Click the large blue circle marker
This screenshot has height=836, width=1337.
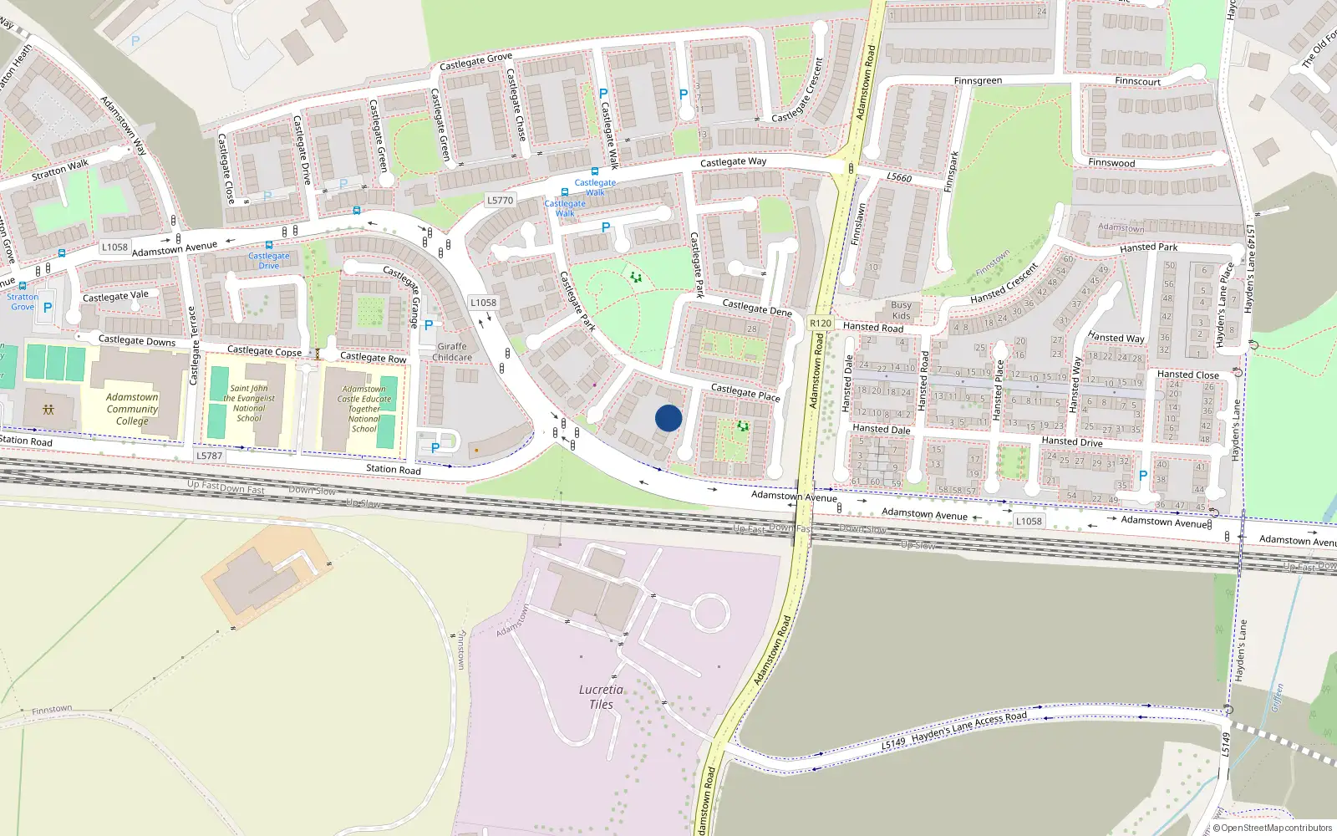[668, 418]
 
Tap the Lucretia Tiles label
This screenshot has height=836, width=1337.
[601, 696]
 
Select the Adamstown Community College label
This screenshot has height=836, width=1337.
[132, 409]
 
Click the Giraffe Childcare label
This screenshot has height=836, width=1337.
[452, 352]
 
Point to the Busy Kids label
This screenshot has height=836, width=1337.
[901, 310]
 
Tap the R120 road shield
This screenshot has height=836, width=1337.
[821, 324]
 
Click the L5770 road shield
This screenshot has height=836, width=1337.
[500, 201]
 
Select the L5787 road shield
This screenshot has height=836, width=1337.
[209, 456]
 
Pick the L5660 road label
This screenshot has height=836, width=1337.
[899, 177]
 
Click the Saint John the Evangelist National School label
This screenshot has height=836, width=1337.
[249, 403]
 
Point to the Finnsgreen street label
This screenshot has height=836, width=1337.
[978, 81]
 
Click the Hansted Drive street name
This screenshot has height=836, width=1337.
[1072, 441]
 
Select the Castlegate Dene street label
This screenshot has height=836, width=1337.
[757, 308]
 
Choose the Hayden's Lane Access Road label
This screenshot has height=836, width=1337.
[969, 728]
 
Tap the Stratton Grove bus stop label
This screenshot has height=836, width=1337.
[23, 301]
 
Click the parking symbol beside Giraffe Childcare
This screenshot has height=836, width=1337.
[429, 325]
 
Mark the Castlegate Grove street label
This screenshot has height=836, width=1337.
[475, 61]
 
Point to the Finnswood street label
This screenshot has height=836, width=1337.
[1111, 163]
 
